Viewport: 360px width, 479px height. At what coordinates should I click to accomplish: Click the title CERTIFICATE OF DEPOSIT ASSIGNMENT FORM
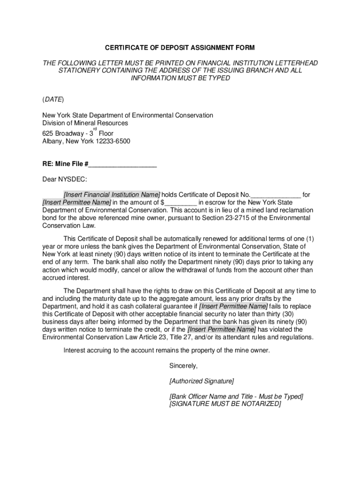click(x=180, y=48)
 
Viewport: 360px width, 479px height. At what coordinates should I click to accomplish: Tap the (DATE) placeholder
click(x=53, y=100)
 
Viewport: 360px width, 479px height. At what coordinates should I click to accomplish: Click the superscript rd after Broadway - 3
click(x=95, y=129)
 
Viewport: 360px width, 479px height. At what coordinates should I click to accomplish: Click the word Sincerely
click(x=184, y=365)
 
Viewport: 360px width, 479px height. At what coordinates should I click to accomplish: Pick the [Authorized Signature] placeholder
click(x=202, y=381)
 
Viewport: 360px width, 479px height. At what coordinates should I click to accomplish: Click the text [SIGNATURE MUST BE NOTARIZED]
click(x=225, y=404)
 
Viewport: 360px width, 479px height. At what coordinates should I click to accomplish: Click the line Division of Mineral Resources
click(x=85, y=123)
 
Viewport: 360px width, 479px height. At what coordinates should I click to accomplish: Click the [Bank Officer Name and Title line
click(x=236, y=396)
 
